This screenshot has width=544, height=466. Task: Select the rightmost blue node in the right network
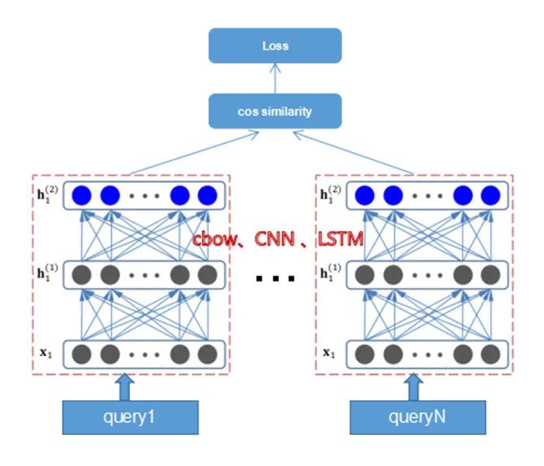click(490, 196)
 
